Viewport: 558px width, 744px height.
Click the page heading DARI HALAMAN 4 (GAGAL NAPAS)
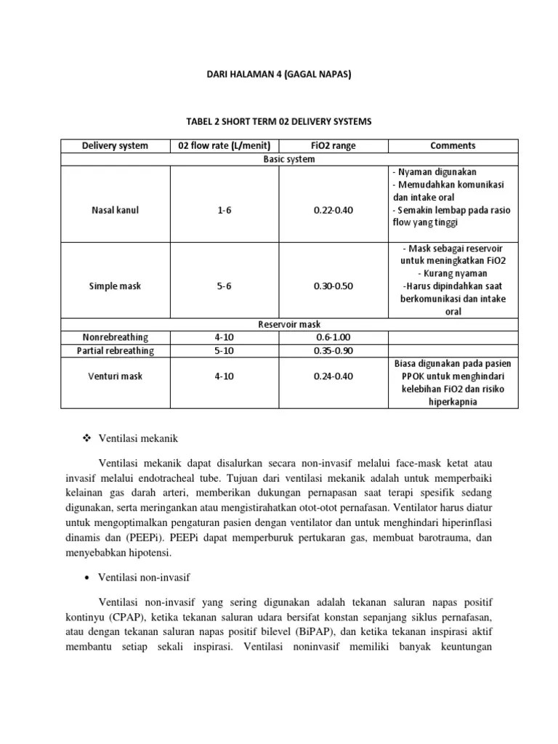(279, 73)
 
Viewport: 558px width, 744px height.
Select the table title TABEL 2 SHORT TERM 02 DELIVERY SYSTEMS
(279, 121)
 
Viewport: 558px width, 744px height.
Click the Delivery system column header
(115, 145)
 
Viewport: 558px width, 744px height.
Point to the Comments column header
(453, 145)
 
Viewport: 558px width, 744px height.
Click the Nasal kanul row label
(115, 210)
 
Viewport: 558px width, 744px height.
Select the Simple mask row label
(115, 286)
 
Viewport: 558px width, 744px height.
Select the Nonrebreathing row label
(115, 337)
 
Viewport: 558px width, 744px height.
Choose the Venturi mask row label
(115, 377)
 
